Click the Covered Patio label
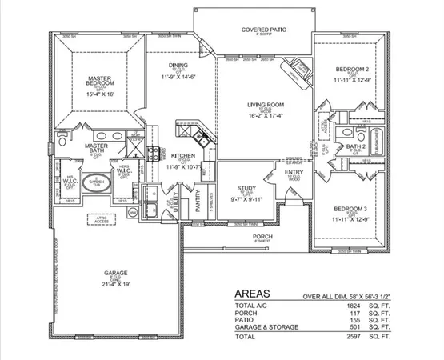[x=264, y=30]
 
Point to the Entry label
[x=293, y=171]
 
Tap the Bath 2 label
[x=355, y=147]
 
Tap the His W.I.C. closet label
[x=70, y=181]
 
